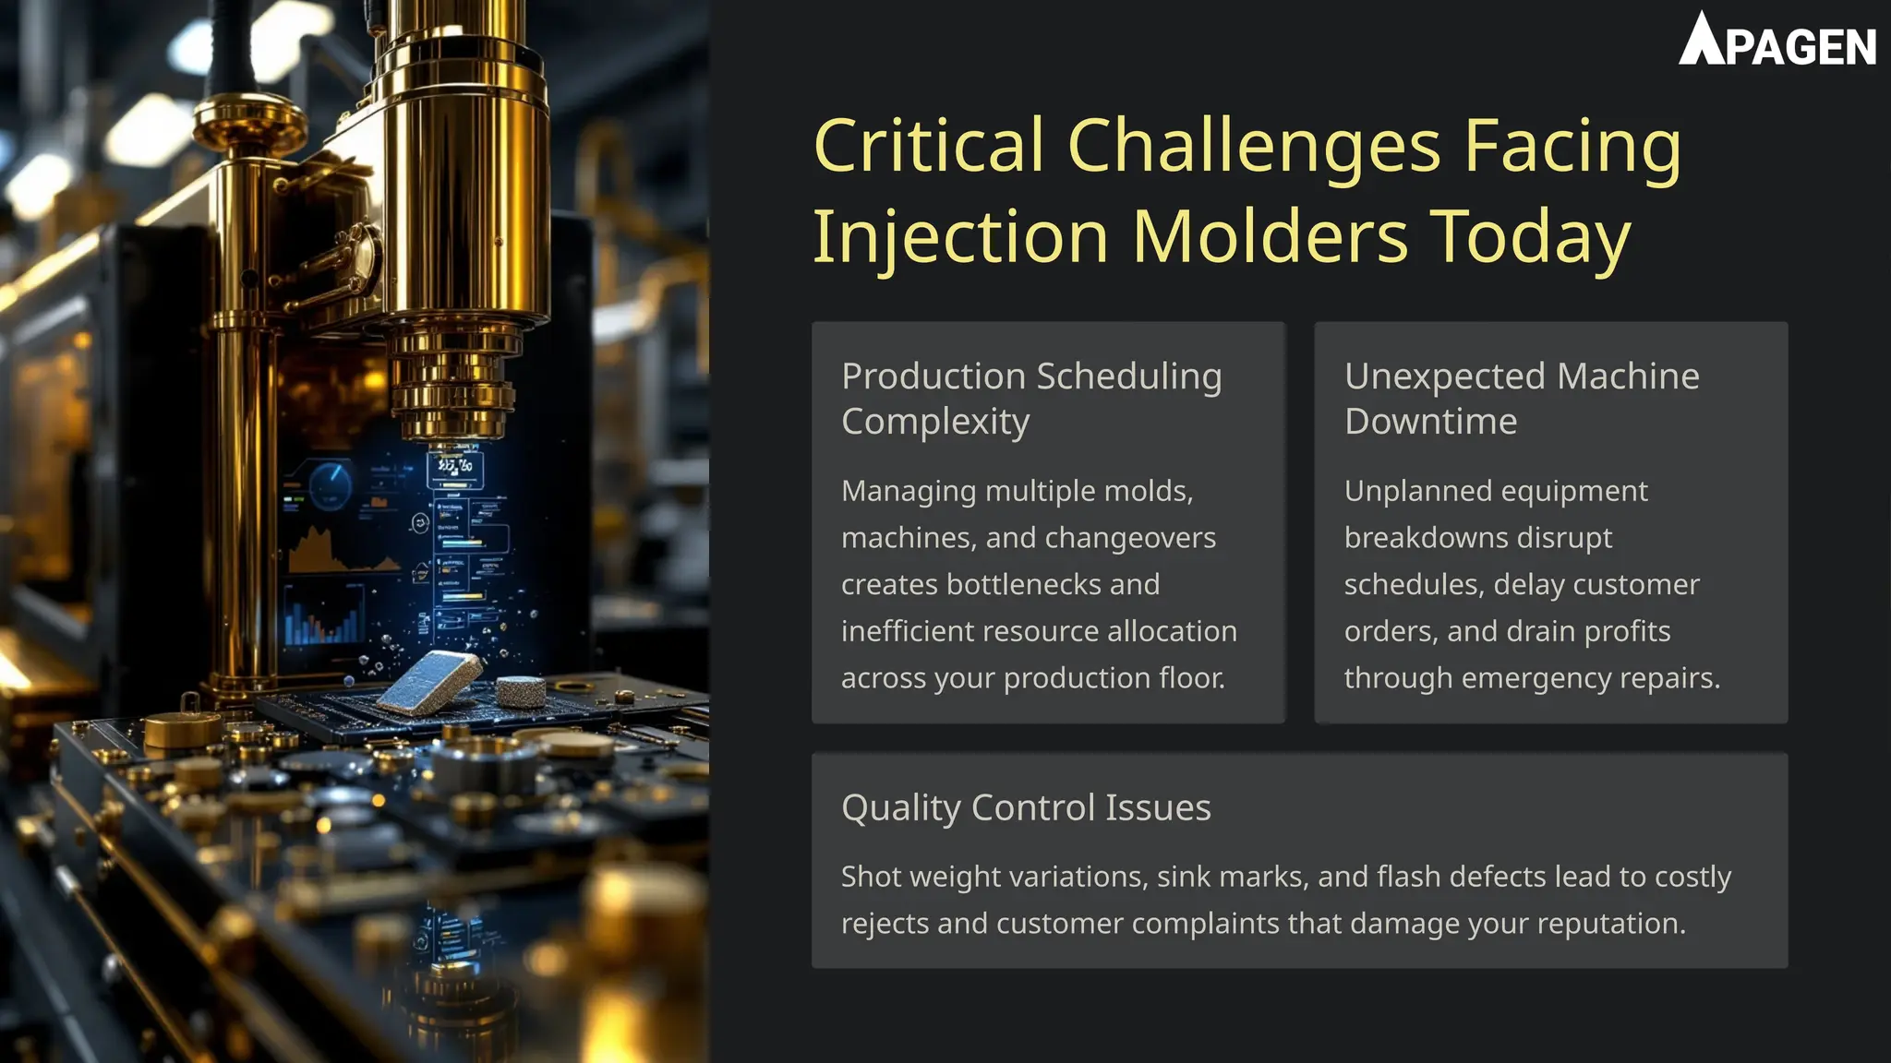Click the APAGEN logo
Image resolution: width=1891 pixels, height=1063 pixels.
(1777, 41)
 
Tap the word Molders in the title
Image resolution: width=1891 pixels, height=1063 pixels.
(1270, 237)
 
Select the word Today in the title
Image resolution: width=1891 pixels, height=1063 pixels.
(1530, 237)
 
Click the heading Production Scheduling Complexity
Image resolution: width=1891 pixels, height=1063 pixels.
(1030, 398)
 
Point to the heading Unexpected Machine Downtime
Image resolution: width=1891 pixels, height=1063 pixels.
(1521, 398)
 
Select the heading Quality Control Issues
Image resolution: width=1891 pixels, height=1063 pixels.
(1025, 807)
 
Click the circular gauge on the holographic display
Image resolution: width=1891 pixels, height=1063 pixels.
(329, 484)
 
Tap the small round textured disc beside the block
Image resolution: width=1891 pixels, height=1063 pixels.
(521, 690)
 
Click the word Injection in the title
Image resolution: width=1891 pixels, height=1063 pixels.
(960, 237)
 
